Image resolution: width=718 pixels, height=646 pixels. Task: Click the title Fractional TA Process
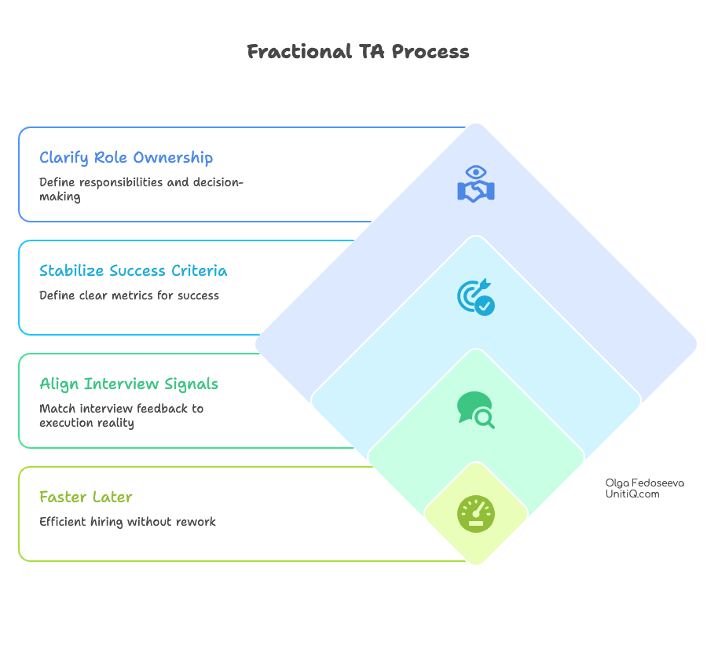pyautogui.click(x=358, y=52)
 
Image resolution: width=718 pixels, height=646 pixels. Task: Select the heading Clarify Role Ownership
pyautogui.click(x=126, y=158)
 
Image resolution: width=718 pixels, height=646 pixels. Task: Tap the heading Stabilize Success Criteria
pyautogui.click(x=134, y=271)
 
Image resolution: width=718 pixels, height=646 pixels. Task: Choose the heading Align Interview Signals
pyautogui.click(x=129, y=384)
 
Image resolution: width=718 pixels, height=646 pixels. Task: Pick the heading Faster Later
pyautogui.click(x=86, y=497)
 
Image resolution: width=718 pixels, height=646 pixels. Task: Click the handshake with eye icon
pyautogui.click(x=476, y=184)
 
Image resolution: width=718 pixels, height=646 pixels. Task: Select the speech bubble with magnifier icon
pyautogui.click(x=476, y=410)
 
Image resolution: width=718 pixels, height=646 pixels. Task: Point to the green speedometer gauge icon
pyautogui.click(x=476, y=514)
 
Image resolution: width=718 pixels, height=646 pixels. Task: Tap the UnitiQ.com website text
pyautogui.click(x=632, y=494)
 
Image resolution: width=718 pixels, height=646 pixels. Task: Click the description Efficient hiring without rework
pyautogui.click(x=127, y=522)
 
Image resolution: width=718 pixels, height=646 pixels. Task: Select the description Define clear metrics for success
pyautogui.click(x=129, y=295)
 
